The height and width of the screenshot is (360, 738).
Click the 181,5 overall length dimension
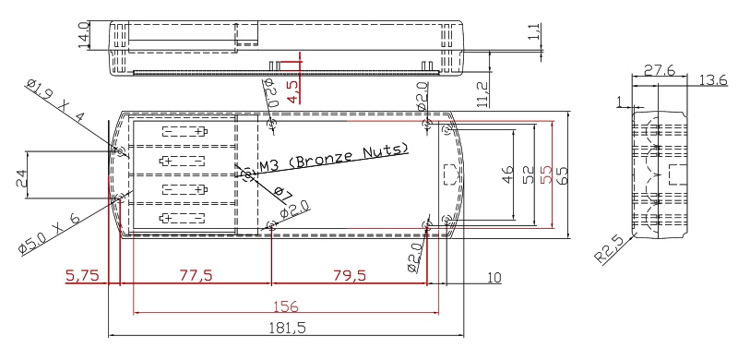(287, 328)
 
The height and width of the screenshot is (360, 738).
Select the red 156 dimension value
(286, 306)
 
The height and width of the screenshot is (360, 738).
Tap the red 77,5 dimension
(196, 275)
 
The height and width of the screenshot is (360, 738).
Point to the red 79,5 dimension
(350, 275)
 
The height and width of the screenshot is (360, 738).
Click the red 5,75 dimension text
(83, 275)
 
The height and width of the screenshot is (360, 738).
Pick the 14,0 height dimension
(84, 35)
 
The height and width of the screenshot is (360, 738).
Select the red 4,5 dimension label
(292, 91)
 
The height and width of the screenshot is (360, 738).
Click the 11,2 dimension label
(482, 94)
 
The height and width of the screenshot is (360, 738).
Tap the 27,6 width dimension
(660, 71)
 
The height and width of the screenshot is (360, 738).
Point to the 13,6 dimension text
(712, 80)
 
